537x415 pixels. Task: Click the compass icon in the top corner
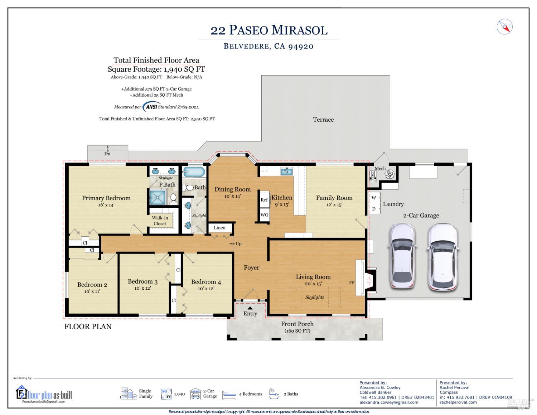click(x=504, y=27)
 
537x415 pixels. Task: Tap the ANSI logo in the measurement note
click(x=151, y=107)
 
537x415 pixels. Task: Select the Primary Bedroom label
click(x=106, y=198)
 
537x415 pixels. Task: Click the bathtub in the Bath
click(x=194, y=172)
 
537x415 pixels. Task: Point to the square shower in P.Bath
click(x=158, y=197)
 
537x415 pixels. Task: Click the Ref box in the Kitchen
click(x=264, y=200)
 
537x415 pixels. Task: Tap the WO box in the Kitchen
click(x=264, y=215)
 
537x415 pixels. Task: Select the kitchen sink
click(x=286, y=172)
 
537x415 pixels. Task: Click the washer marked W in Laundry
click(x=374, y=198)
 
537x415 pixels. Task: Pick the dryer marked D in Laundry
click(x=374, y=209)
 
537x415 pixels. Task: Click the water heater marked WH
click(x=390, y=175)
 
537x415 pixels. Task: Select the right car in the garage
click(x=443, y=256)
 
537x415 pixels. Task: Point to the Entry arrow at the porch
click(x=250, y=308)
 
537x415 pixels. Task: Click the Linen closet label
click(x=219, y=228)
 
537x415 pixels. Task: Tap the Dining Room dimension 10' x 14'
click(x=232, y=196)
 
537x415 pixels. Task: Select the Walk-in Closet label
click(x=160, y=221)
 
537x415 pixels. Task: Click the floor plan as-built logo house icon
click(x=22, y=392)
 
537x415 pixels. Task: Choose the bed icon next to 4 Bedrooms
click(x=229, y=395)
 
